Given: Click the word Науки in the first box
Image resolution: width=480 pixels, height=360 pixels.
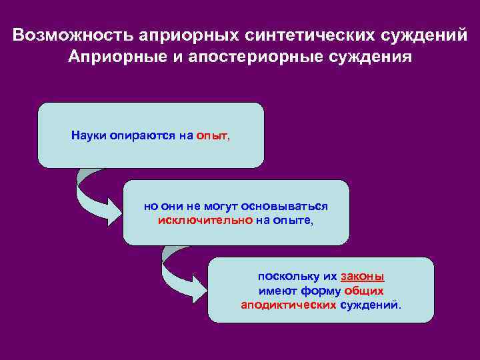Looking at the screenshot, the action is click(x=87, y=136).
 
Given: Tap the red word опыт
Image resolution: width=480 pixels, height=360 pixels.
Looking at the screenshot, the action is click(x=212, y=136).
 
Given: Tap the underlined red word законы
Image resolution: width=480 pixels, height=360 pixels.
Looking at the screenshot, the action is click(x=362, y=277).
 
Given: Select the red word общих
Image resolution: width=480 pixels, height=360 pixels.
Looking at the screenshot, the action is click(x=363, y=291).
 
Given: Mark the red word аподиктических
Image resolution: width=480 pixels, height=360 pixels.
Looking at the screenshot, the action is click(x=289, y=305).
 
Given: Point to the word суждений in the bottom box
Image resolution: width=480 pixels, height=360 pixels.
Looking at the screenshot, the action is click(x=371, y=305).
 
